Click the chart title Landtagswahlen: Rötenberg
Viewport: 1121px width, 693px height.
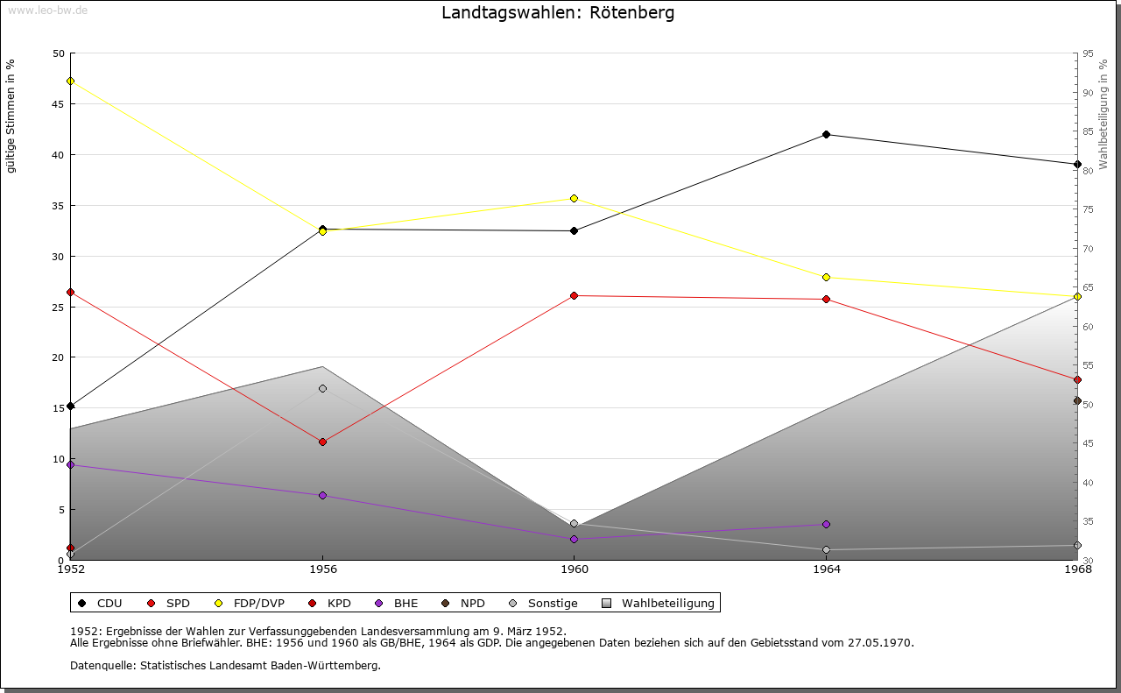558,13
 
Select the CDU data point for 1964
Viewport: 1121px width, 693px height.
826,134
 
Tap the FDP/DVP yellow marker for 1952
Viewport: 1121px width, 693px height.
70,81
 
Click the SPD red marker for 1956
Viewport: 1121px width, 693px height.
322,442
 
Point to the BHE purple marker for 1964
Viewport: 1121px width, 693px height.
826,524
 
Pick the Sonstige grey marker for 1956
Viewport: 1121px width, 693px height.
322,388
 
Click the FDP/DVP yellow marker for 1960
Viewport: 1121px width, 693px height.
574,198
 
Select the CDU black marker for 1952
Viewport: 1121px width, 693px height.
70,406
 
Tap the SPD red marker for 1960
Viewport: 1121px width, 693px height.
574,295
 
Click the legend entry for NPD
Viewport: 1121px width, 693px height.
472,603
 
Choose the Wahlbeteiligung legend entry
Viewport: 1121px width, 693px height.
667,603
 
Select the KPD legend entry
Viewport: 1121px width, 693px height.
339,603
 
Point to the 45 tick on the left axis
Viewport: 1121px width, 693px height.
58,104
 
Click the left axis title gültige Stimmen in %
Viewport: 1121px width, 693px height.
11,116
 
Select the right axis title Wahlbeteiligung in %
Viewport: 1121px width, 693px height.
1103,115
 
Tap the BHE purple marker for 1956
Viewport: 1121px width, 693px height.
322,495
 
